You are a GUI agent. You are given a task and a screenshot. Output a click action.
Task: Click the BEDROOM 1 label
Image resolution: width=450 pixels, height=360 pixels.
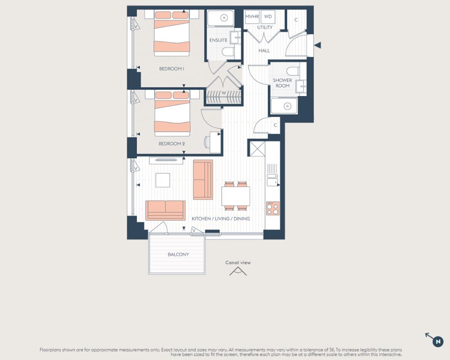(171, 69)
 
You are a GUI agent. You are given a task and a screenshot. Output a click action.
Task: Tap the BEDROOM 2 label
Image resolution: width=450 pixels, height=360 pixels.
(171, 143)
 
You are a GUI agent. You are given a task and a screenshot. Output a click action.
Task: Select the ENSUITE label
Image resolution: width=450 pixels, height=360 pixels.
(219, 40)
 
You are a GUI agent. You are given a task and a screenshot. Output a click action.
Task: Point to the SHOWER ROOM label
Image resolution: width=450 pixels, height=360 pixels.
(283, 83)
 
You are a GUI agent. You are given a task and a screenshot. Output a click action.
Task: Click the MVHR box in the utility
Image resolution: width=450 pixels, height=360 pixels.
(252, 17)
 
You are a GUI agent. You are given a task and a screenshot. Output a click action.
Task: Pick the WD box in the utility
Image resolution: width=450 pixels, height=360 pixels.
(268, 17)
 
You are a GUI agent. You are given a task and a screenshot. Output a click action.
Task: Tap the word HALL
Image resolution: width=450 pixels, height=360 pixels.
(264, 51)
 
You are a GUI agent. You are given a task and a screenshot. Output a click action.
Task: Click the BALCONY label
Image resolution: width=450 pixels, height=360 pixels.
(178, 254)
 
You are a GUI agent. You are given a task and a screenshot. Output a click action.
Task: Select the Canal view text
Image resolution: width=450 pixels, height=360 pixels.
(238, 263)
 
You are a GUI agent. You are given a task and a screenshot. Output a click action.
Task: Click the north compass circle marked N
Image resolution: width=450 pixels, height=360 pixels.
(438, 341)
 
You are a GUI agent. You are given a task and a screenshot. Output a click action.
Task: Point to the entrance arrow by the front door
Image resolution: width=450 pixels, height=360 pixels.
(317, 45)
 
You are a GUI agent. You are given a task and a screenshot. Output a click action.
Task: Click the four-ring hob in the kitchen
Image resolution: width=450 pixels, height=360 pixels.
(273, 208)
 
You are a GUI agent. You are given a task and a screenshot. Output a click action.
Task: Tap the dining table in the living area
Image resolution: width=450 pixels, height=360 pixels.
(236, 196)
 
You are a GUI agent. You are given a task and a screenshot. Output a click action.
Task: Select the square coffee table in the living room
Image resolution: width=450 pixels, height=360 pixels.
(163, 180)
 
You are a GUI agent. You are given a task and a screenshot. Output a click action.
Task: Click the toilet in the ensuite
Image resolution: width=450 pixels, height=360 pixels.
(228, 52)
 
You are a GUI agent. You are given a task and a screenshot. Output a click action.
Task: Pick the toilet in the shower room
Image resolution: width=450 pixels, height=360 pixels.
(293, 71)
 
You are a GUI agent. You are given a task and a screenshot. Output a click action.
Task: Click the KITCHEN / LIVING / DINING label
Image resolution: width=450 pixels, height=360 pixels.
(221, 219)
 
